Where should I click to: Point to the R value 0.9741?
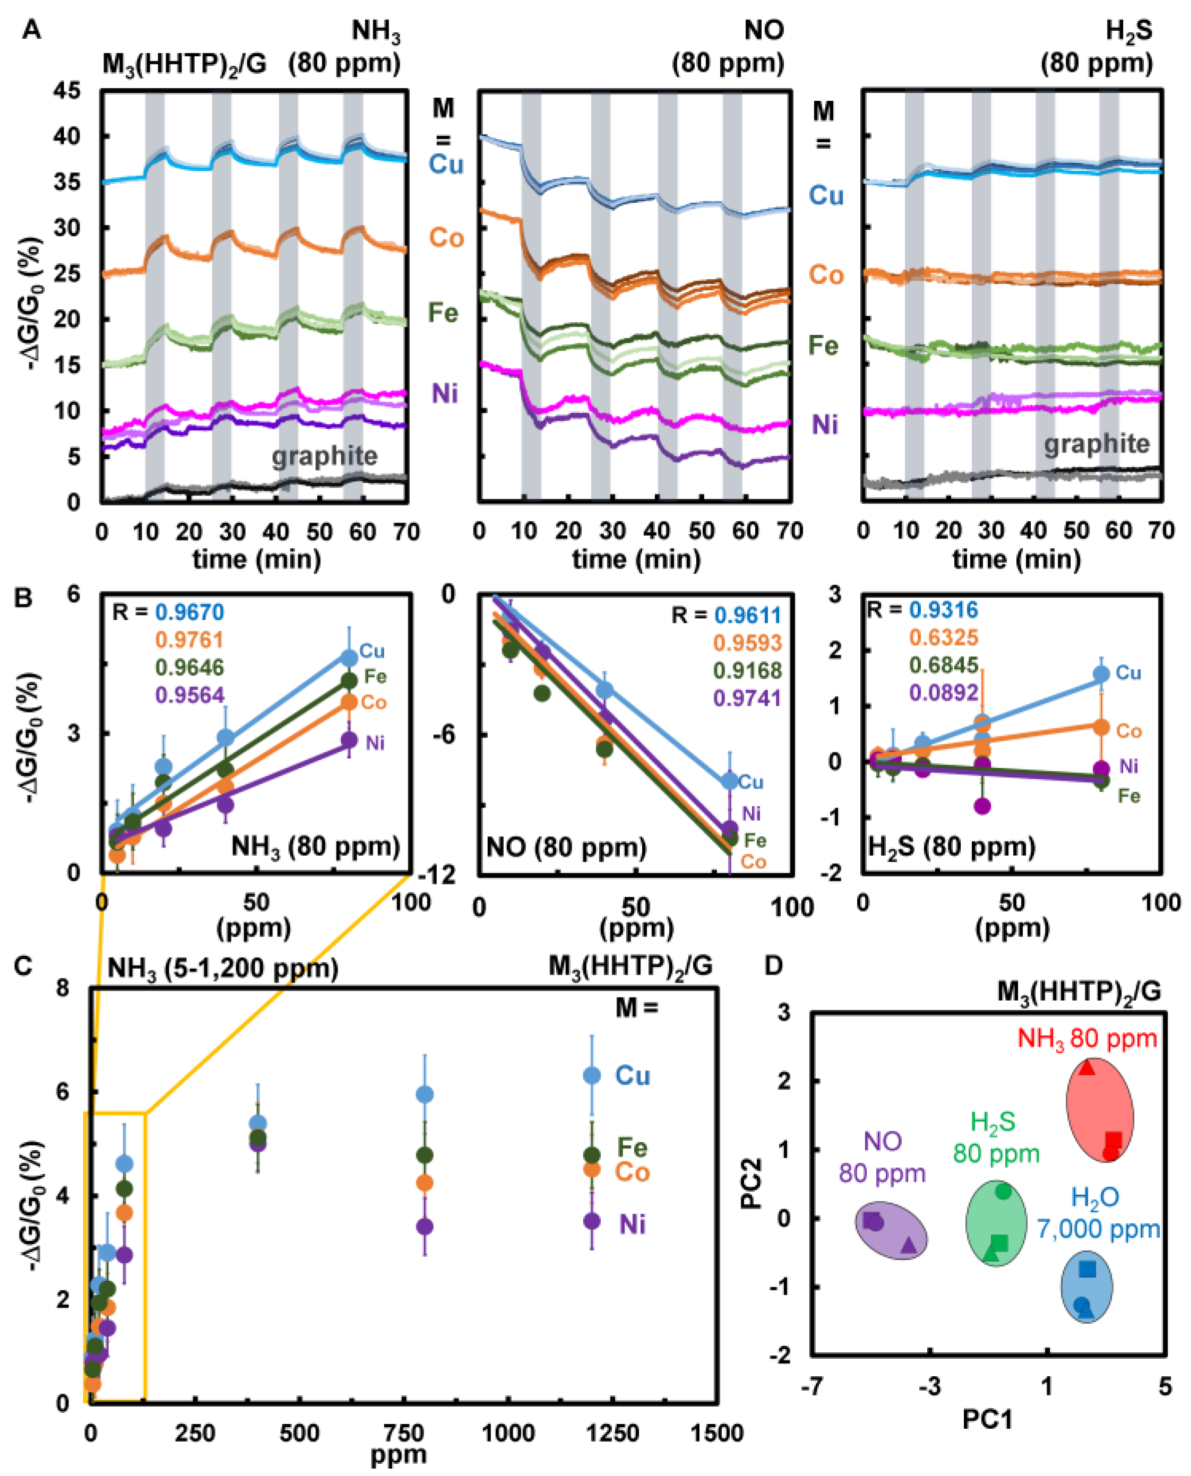747,698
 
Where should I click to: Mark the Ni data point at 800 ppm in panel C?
425,1226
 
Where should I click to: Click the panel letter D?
773,966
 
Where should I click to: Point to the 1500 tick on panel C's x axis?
717,1433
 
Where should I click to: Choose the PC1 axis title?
987,1419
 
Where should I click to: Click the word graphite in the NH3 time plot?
324,456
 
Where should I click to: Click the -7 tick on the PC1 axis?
812,1387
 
